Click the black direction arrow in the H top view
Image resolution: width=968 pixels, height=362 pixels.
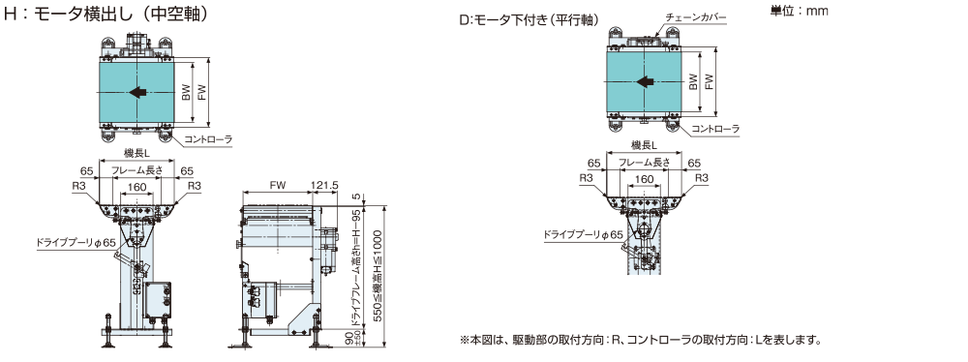tap(138, 91)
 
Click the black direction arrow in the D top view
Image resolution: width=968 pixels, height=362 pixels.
tap(646, 82)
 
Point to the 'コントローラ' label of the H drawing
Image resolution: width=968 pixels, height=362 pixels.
tap(207, 139)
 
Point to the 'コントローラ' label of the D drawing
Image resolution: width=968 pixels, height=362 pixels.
tap(715, 129)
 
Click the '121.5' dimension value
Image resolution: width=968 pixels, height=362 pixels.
tap(324, 185)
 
